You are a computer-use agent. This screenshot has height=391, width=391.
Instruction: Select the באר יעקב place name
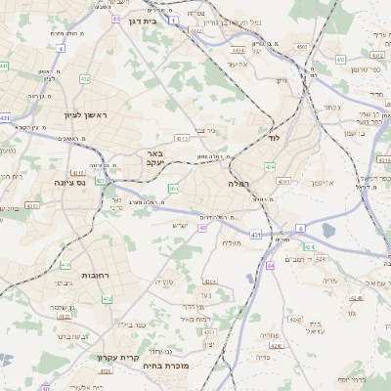pos(157,159)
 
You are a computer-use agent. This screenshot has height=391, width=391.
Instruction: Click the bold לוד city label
pos(273,139)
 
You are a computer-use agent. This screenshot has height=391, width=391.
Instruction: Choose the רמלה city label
pos(240,184)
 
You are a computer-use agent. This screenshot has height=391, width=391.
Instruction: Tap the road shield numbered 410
pos(65,265)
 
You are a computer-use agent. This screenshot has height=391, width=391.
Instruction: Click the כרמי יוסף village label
pos(371,378)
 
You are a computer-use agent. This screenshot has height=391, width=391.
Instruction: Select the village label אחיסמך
pos(321,183)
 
